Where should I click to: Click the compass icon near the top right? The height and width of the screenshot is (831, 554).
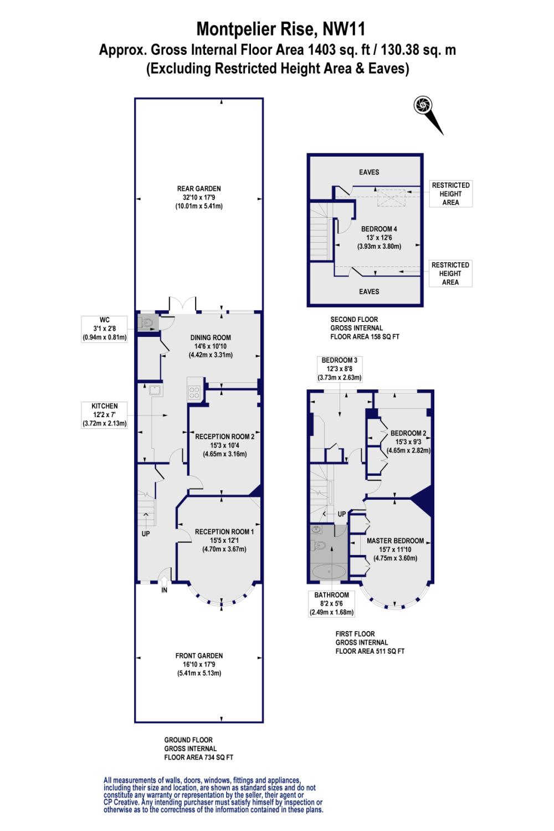tap(424, 105)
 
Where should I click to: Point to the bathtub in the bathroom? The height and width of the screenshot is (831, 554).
tap(327, 571)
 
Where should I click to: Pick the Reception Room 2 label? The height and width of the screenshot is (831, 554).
tap(224, 445)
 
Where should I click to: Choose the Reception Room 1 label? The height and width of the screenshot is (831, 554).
tap(224, 540)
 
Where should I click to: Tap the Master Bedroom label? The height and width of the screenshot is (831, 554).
tap(395, 549)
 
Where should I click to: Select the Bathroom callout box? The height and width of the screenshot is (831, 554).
tap(331, 603)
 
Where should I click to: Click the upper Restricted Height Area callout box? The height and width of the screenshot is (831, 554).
tap(450, 194)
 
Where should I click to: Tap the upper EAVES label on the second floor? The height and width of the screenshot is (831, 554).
tap(369, 172)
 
